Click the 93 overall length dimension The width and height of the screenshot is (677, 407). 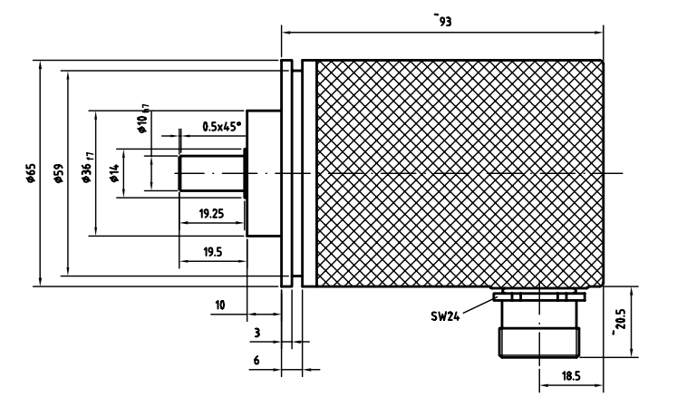point(444,20)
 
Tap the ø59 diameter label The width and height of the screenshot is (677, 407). point(58,173)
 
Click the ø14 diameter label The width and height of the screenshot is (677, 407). point(113,171)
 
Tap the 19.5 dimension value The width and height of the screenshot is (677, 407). point(211,252)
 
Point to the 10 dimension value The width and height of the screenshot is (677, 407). point(220,304)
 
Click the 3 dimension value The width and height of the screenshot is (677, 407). point(257,333)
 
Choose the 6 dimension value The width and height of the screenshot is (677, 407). point(257,359)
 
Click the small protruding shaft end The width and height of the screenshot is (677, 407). point(212,172)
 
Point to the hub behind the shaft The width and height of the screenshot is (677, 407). point(263,172)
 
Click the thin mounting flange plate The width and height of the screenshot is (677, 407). point(286,172)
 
